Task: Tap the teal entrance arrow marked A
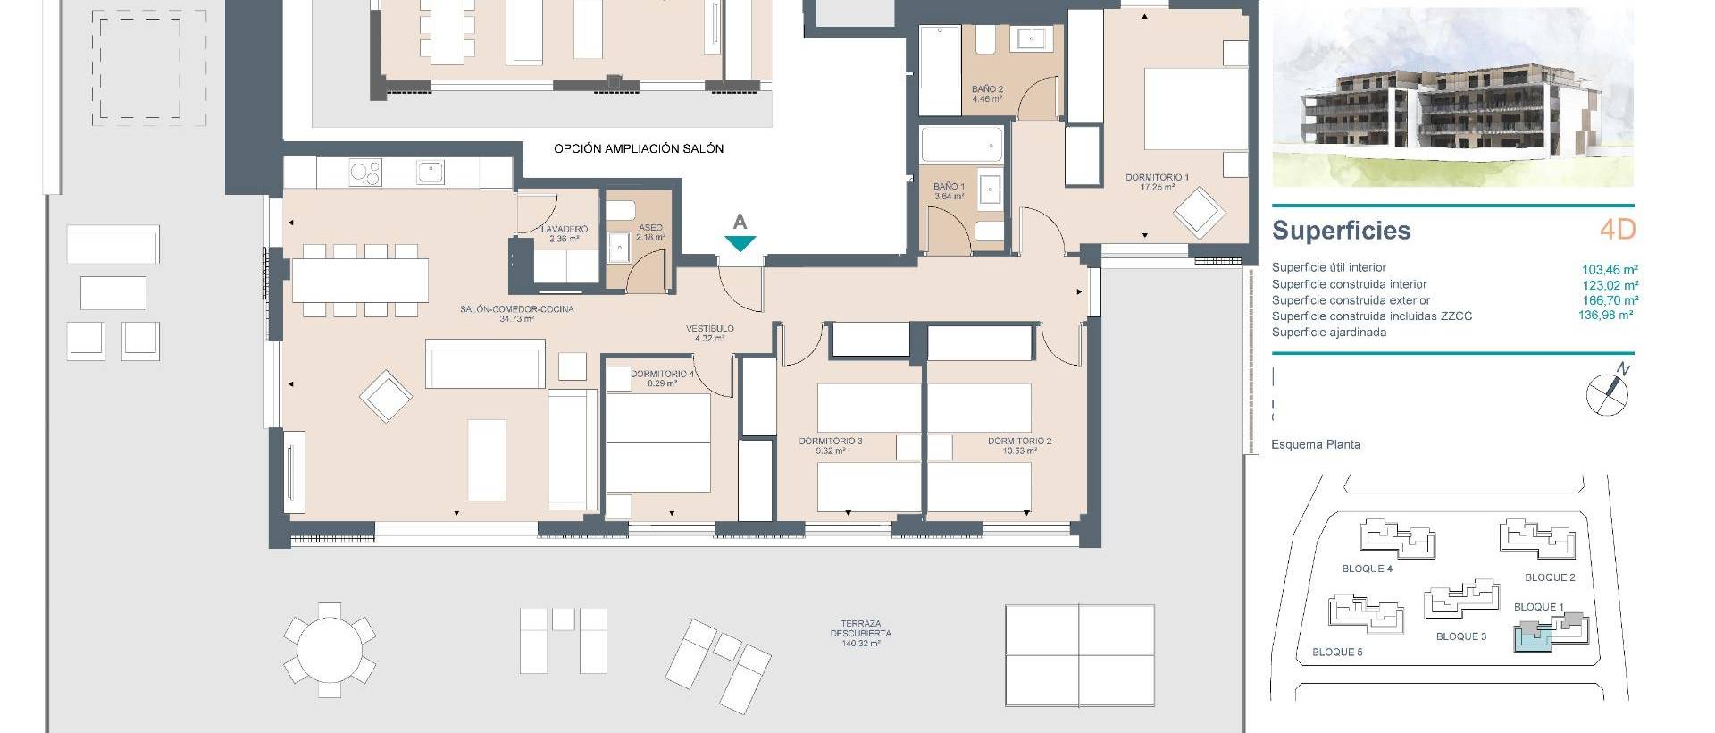[740, 242]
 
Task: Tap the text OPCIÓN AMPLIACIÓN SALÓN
[638, 148]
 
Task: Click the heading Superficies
[1341, 231]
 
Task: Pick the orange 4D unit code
[1617, 230]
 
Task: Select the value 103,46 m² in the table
[1610, 269]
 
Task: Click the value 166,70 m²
[1610, 301]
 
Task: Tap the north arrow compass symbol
[1607, 392]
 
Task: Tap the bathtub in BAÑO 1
[961, 144]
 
